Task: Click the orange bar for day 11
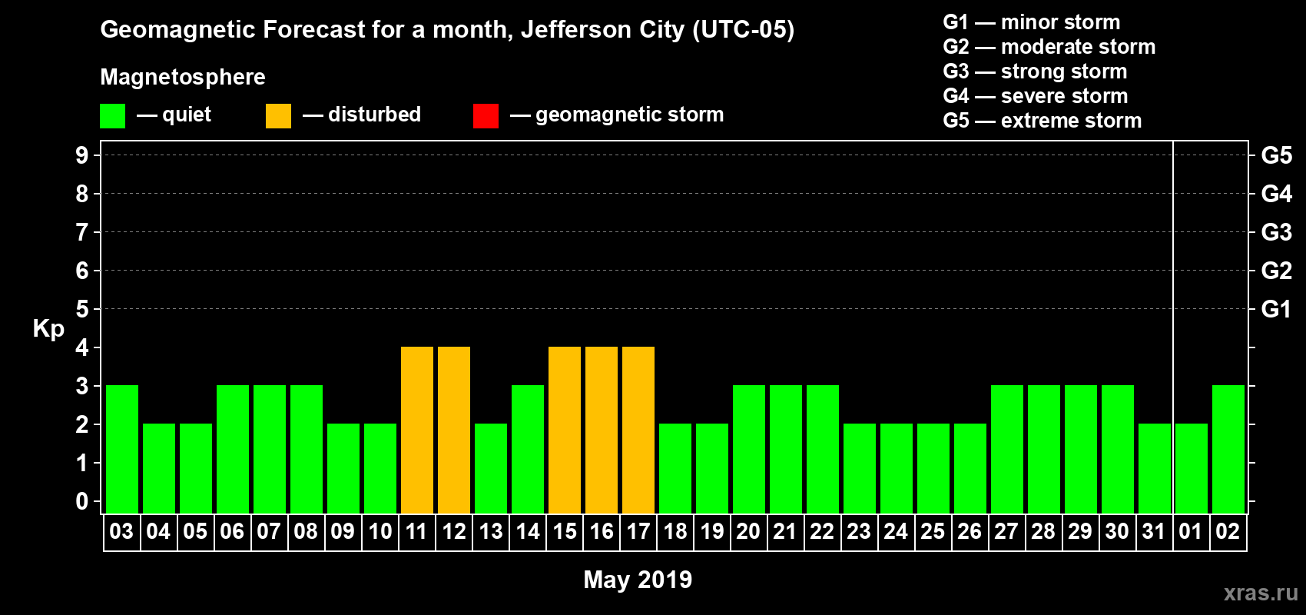click(x=417, y=430)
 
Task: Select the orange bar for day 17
click(x=638, y=430)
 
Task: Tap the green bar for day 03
click(x=122, y=449)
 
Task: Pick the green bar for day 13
click(x=491, y=468)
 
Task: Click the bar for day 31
click(x=1155, y=468)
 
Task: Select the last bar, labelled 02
click(x=1228, y=449)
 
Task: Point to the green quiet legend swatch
click(x=113, y=116)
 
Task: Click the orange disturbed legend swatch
click(x=279, y=116)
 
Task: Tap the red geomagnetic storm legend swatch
click(x=486, y=116)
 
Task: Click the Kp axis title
click(x=48, y=328)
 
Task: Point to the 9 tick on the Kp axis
click(x=82, y=155)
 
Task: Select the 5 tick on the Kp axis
click(x=82, y=309)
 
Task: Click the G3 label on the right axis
click(x=1276, y=232)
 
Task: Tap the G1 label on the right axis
click(x=1276, y=309)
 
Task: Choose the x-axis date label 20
click(x=748, y=531)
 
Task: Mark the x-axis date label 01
click(x=1191, y=531)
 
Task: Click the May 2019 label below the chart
click(x=638, y=580)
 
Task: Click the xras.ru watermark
click(x=1261, y=592)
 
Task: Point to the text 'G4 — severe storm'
click(x=1036, y=96)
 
